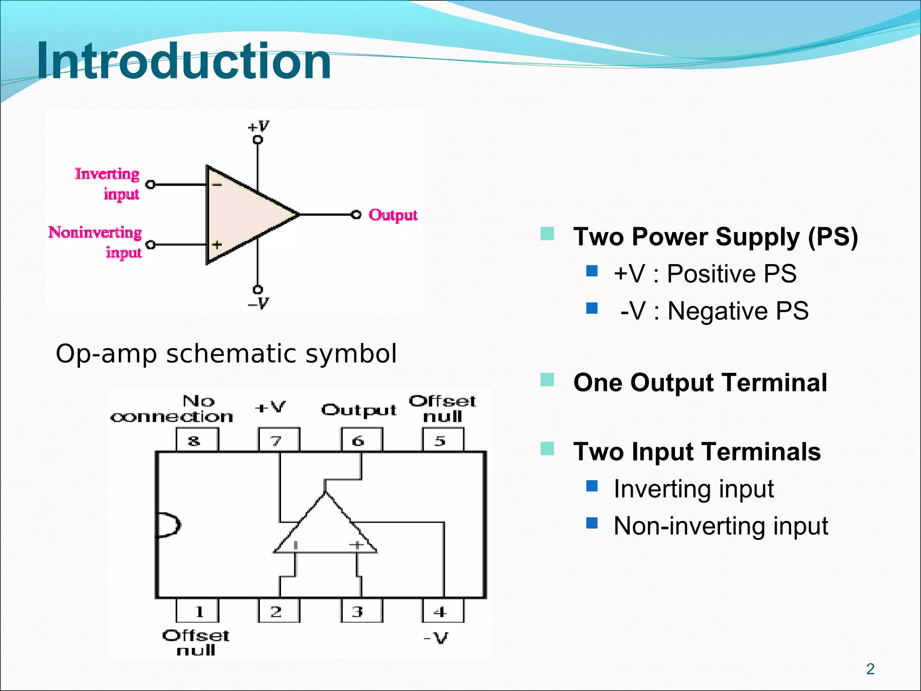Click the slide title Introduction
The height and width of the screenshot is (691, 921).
click(x=183, y=61)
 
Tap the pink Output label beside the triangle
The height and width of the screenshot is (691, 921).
click(x=393, y=215)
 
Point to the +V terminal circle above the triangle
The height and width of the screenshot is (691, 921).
click(x=258, y=140)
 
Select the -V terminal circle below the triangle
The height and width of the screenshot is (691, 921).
click(x=258, y=289)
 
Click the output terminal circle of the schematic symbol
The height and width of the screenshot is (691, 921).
click(x=356, y=215)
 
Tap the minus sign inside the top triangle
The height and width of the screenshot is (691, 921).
click(x=217, y=184)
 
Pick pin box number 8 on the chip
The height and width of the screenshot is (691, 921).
click(x=197, y=440)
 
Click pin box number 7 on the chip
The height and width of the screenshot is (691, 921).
click(x=278, y=440)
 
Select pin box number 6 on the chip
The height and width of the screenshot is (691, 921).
click(x=361, y=440)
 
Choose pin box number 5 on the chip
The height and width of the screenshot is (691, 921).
click(x=443, y=440)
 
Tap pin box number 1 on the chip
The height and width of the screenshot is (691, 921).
click(x=197, y=611)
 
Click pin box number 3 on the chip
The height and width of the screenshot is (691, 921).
click(x=361, y=611)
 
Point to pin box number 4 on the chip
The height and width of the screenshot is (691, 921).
click(x=443, y=611)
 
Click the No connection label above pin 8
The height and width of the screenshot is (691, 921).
click(x=172, y=409)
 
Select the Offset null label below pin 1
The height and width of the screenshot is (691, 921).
click(x=196, y=642)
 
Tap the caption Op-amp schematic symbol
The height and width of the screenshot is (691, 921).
click(x=226, y=354)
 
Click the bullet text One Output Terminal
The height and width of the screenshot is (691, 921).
click(x=700, y=383)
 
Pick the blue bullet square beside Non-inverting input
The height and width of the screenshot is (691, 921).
click(x=592, y=523)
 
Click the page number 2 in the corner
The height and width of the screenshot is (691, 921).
click(x=870, y=669)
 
